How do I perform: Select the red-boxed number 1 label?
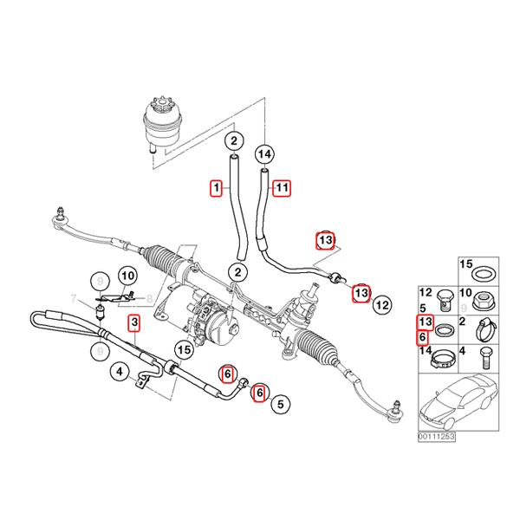click(218, 185)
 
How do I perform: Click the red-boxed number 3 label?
click(133, 325)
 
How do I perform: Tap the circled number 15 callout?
click(183, 350)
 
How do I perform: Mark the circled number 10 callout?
click(127, 276)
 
